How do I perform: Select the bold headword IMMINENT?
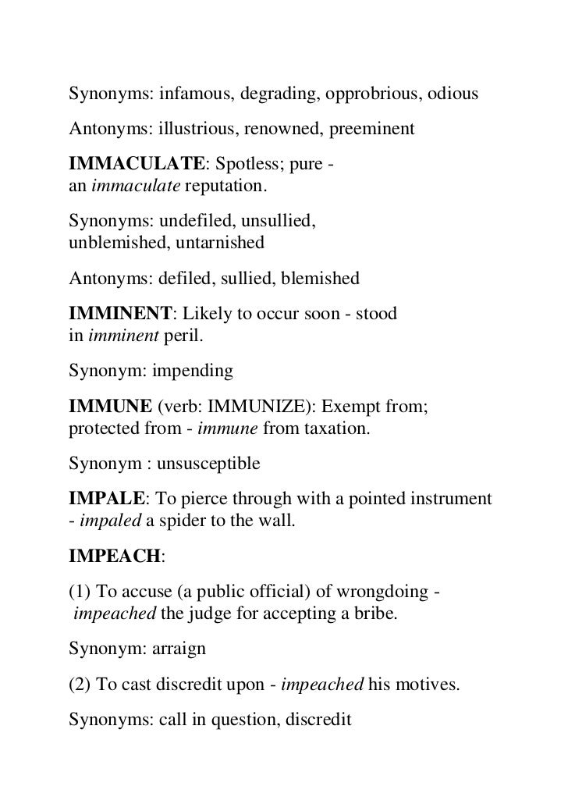coord(120,315)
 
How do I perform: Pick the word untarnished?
coord(220,242)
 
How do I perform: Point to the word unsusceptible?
coord(208,464)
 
